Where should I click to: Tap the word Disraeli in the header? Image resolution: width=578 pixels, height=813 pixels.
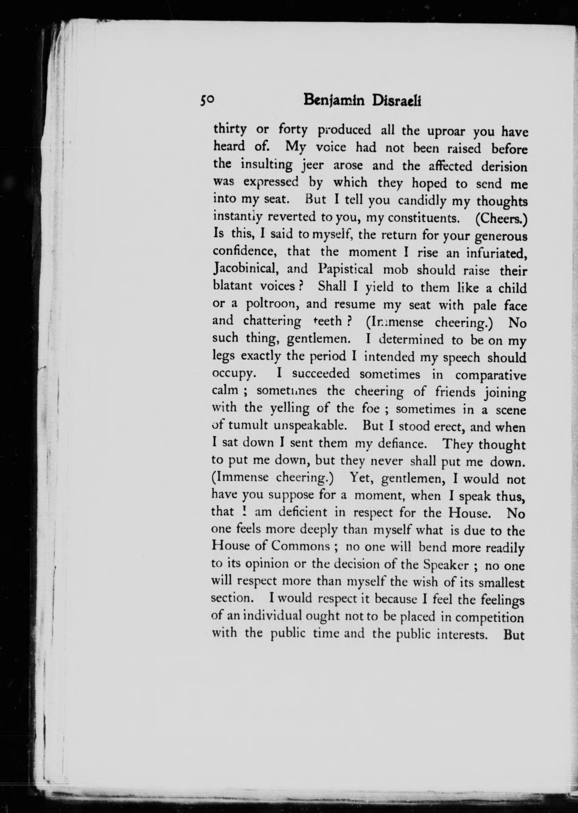(396, 101)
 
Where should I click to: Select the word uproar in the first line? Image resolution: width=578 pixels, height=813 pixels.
(447, 131)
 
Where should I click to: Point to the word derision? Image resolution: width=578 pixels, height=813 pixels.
(504, 167)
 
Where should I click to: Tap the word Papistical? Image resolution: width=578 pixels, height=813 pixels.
(345, 269)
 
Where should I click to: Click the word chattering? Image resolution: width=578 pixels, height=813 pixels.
(272, 321)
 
